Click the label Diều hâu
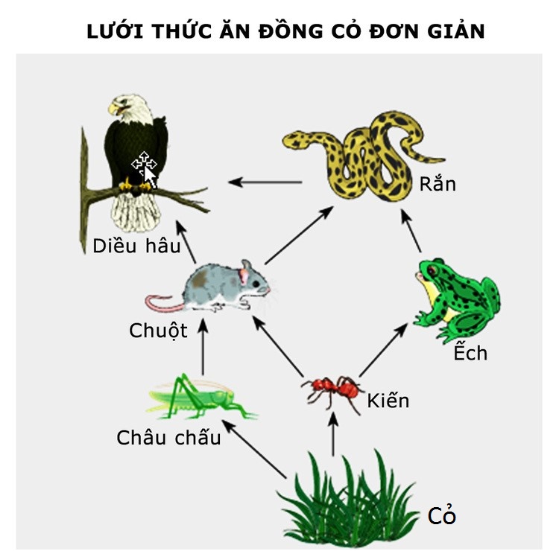136,246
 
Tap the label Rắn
438,183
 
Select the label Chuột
158,331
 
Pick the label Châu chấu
168,436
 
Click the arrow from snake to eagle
265,182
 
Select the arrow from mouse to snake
299,235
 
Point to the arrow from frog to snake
411,231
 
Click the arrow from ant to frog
383,350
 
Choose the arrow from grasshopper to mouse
203,346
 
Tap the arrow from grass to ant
333,434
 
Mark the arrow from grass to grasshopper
254,449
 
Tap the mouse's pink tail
164,304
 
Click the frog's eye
432,270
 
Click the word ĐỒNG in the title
291,31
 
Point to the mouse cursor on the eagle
145,169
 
